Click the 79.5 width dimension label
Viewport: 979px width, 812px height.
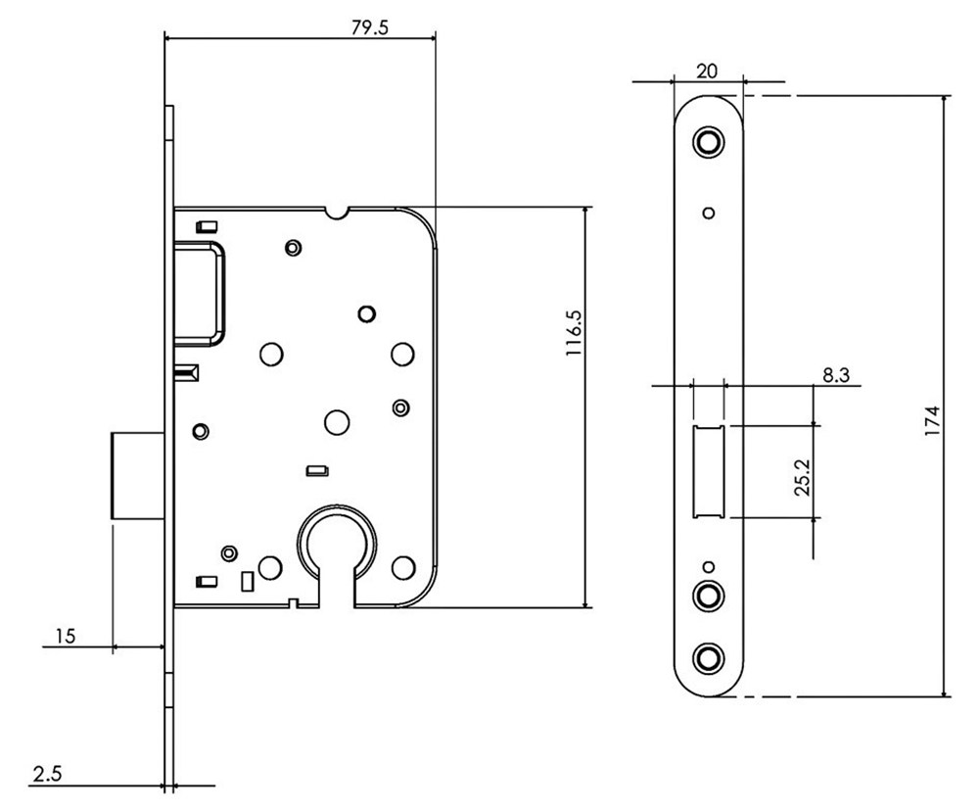click(x=370, y=28)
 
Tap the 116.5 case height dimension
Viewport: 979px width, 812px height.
click(x=573, y=333)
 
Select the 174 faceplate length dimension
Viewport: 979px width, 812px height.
click(x=932, y=420)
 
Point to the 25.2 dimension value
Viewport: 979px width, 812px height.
click(x=802, y=477)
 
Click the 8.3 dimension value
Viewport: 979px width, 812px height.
click(x=835, y=375)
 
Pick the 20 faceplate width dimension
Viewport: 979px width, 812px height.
click(x=707, y=72)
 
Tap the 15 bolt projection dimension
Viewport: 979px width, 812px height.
click(x=65, y=636)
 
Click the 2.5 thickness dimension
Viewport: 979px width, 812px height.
click(x=47, y=775)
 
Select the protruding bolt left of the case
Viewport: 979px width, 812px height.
click(x=137, y=475)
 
